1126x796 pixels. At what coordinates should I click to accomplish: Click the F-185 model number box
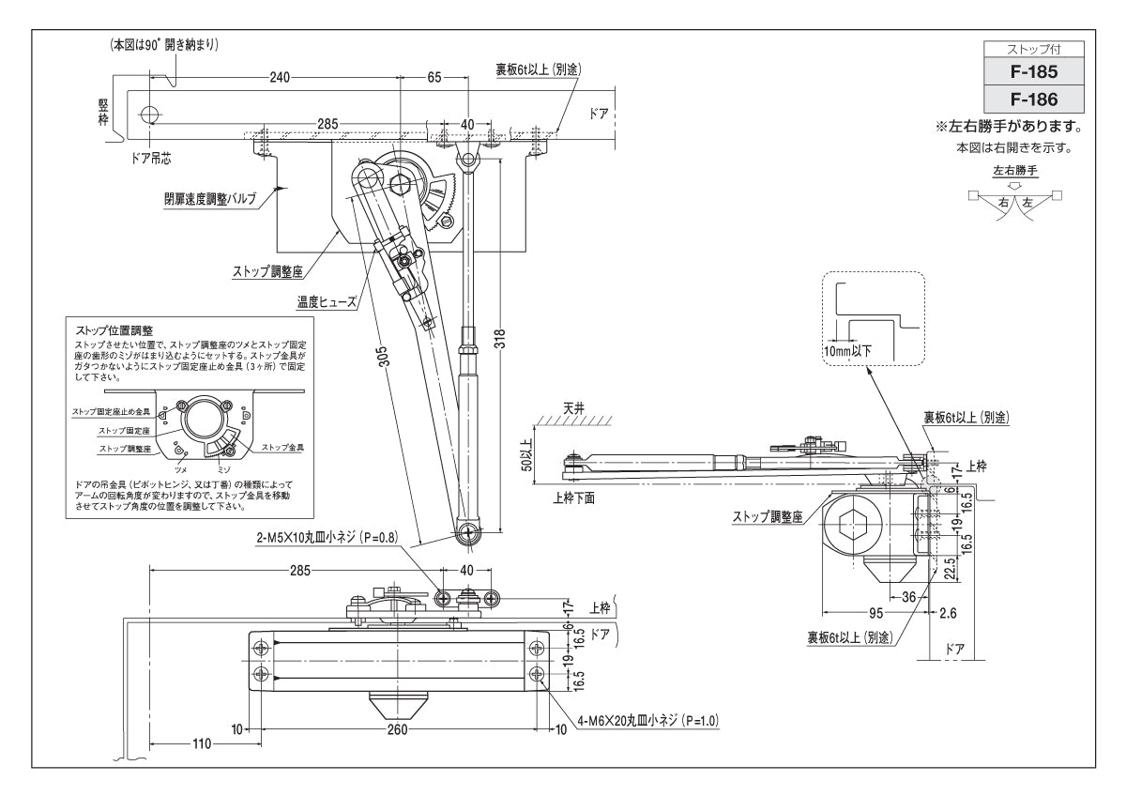click(x=1033, y=71)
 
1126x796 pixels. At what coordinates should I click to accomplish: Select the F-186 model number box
click(x=1033, y=99)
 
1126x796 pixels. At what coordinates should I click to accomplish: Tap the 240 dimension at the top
click(x=279, y=78)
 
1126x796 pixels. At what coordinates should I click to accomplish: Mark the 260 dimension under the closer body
click(x=398, y=728)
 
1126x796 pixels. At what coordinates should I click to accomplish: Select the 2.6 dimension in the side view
click(x=947, y=613)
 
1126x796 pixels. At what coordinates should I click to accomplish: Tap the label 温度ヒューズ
click(x=327, y=302)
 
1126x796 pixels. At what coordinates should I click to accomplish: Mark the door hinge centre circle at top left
click(x=148, y=115)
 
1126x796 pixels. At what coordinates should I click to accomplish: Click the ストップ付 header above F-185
click(x=1033, y=48)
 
